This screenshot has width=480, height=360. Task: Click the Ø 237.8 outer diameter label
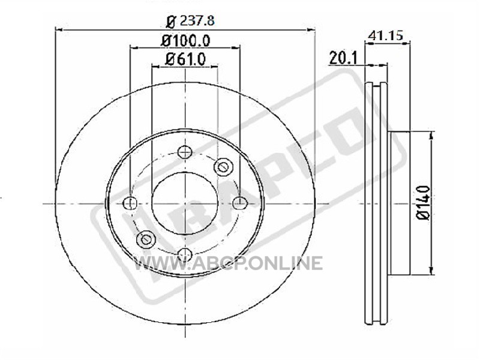click(x=190, y=21)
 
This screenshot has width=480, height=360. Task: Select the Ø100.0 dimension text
click(x=185, y=41)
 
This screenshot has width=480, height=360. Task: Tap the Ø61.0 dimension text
click(x=185, y=59)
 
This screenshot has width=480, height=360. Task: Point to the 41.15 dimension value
click(x=385, y=35)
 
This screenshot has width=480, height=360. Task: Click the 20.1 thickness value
click(x=343, y=58)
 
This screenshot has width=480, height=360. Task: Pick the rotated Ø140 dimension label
click(x=424, y=203)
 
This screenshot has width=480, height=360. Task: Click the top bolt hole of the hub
click(x=185, y=152)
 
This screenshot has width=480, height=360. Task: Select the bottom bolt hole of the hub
click(x=185, y=254)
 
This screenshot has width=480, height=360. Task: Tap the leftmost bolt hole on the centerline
click(x=130, y=203)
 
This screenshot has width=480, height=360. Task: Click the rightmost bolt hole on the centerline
click(x=240, y=203)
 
